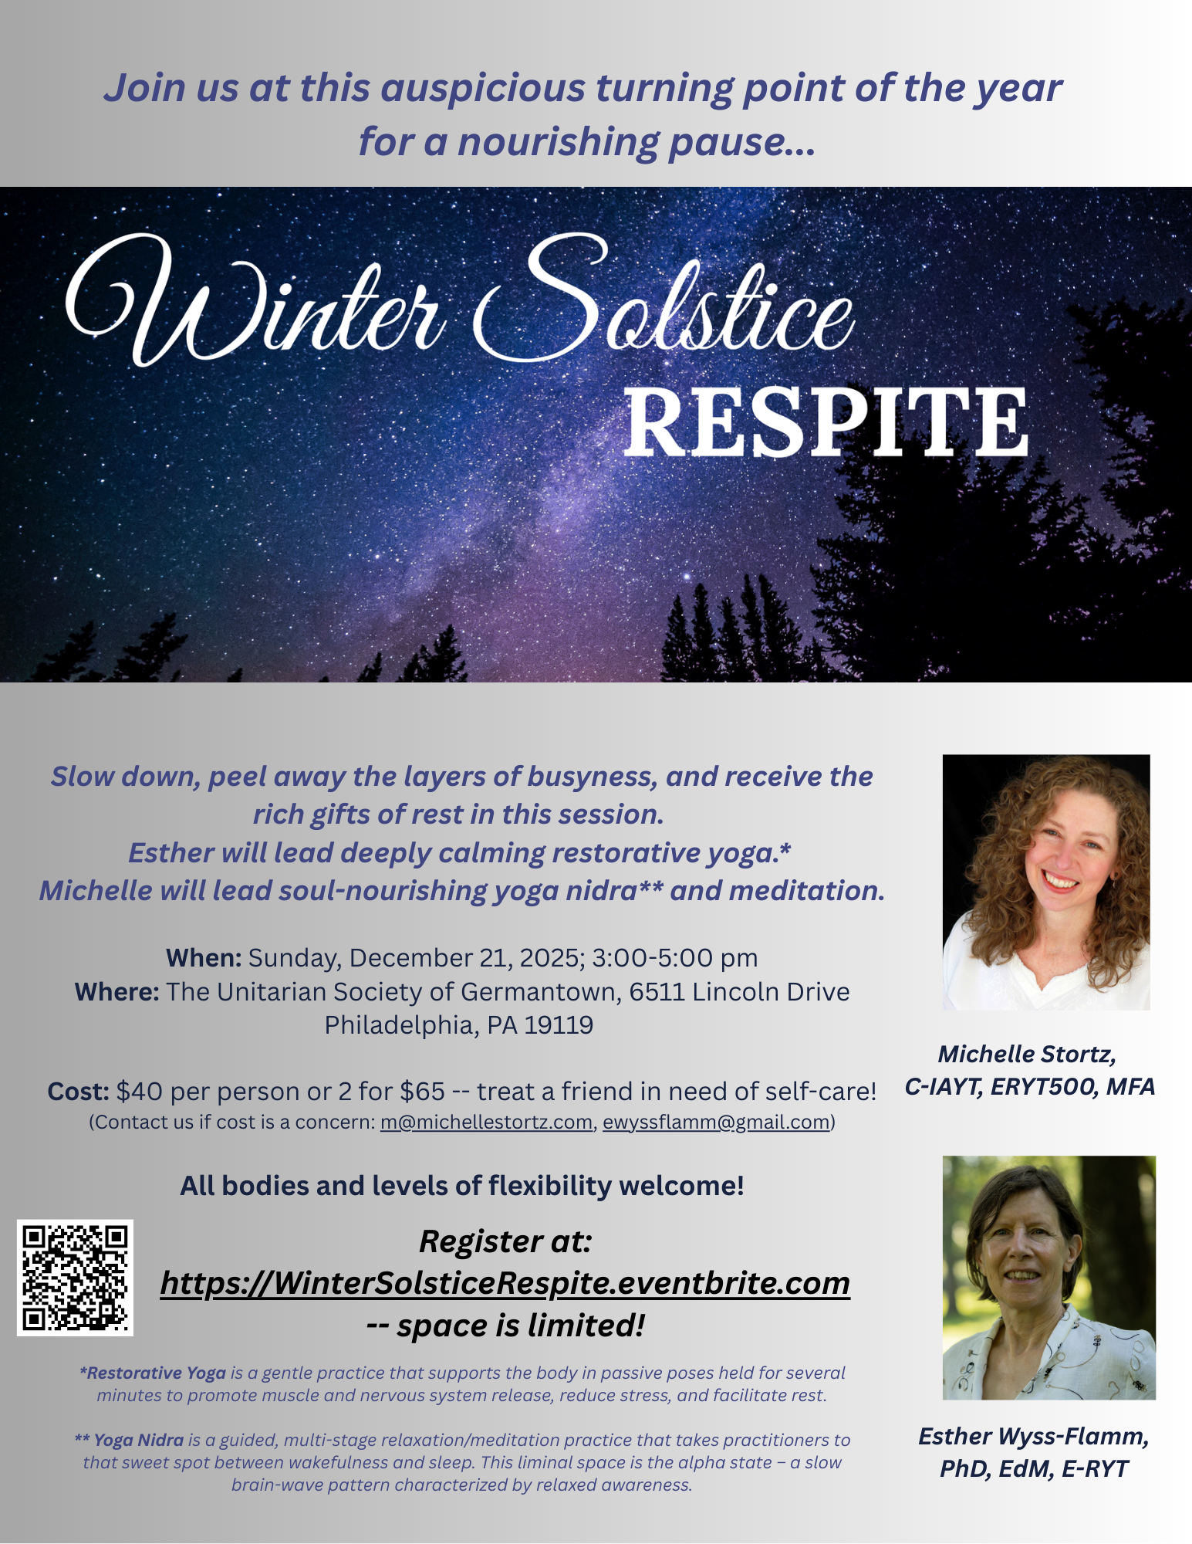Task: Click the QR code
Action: click(x=75, y=1278)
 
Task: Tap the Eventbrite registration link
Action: click(x=505, y=1283)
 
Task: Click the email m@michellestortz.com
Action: click(x=486, y=1122)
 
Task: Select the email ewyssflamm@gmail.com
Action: click(x=716, y=1122)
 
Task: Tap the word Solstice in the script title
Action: click(x=664, y=301)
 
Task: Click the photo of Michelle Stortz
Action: click(x=1046, y=882)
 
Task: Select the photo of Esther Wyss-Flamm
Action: click(x=1049, y=1278)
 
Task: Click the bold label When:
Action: click(x=204, y=958)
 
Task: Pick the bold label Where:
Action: click(x=117, y=992)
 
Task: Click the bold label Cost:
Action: click(x=79, y=1092)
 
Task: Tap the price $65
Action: click(x=423, y=1092)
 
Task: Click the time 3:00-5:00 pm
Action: click(x=675, y=958)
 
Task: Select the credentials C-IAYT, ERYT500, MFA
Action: click(x=1030, y=1087)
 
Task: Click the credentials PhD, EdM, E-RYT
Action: click(x=1034, y=1468)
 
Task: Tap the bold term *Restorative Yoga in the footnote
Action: click(x=153, y=1373)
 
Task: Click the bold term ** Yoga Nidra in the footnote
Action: click(x=129, y=1440)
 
